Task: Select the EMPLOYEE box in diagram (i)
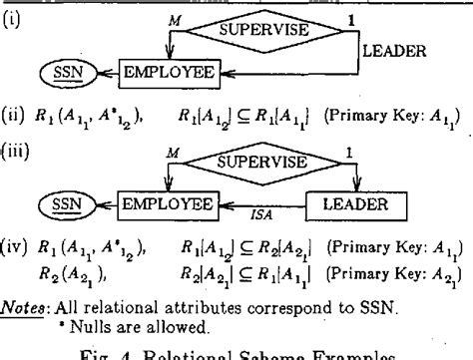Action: click(171, 72)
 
